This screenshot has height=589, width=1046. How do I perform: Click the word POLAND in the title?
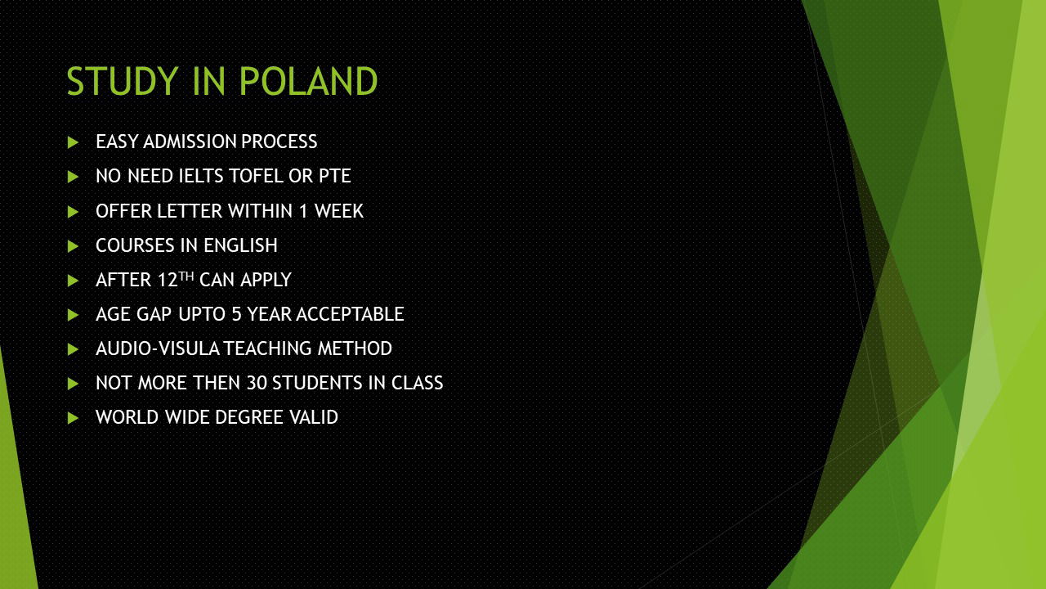pos(308,81)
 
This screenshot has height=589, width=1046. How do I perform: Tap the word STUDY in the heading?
pos(123,81)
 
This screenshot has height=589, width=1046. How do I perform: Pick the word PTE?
pos(335,176)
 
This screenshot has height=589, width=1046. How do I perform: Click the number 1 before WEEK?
pos(303,211)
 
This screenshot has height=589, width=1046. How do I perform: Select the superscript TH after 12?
pos(186,277)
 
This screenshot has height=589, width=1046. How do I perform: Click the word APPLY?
pos(266,281)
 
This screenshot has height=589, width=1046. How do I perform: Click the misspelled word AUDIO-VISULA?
pos(158,349)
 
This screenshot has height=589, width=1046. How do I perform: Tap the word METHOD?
pos(355,349)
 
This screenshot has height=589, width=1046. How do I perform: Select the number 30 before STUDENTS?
pos(257,384)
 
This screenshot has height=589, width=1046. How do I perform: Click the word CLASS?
pos(417,384)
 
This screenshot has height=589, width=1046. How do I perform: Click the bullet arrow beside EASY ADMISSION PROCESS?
pos(73,142)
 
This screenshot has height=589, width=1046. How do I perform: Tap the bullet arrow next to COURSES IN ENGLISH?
pos(73,246)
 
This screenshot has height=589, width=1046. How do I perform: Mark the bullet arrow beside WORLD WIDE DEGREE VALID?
pos(73,418)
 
